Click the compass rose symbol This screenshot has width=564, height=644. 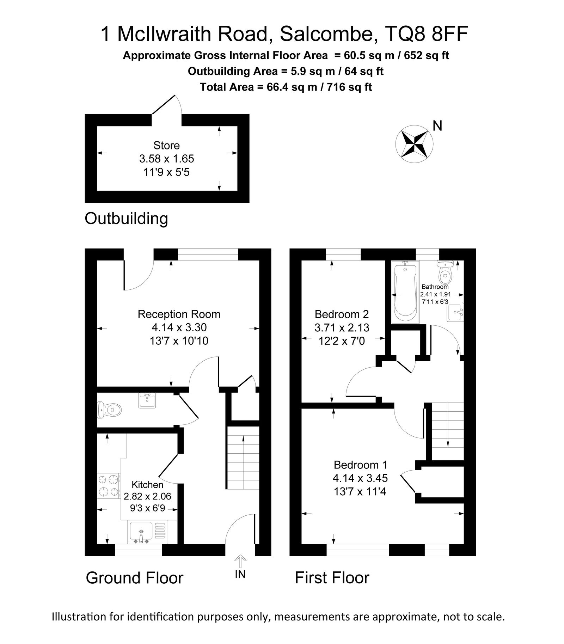[414, 144]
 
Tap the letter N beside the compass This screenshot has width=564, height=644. [437, 126]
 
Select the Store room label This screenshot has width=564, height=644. [166, 145]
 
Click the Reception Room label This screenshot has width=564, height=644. [179, 314]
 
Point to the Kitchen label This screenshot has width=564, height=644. [147, 485]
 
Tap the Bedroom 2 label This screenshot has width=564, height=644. [342, 314]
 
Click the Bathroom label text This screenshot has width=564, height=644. [435, 287]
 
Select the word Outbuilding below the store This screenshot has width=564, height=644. [127, 219]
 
